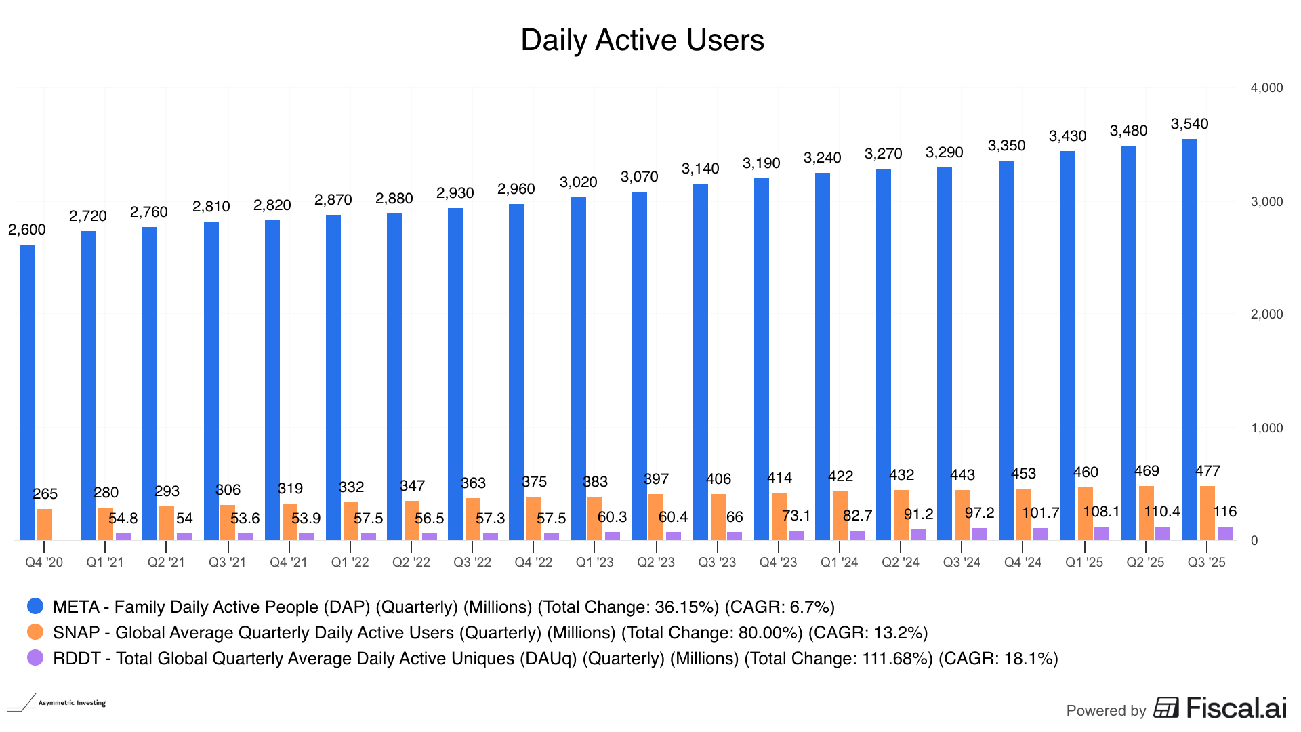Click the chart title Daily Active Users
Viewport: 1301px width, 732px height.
coord(642,41)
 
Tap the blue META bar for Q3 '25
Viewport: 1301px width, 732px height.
coord(1189,339)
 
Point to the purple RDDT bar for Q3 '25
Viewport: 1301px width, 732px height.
coord(1225,533)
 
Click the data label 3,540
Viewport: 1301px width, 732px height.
coord(1189,124)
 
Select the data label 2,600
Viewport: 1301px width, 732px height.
coord(27,230)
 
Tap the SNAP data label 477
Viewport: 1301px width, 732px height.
coord(1207,471)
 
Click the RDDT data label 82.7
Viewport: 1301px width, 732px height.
coord(857,516)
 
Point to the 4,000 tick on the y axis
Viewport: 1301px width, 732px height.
coord(1266,88)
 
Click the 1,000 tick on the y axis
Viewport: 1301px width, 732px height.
coord(1266,428)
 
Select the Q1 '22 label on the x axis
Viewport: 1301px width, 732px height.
coord(350,563)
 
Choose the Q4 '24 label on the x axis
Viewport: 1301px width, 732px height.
coord(1023,563)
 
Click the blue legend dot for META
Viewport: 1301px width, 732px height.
coord(35,606)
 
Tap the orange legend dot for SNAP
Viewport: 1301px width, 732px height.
coord(35,632)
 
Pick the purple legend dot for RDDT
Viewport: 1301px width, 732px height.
coord(35,657)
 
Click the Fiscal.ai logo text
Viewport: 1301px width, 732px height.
coord(1236,708)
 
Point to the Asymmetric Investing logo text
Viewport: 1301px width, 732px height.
coord(72,703)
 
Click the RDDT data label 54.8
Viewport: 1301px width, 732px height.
coord(123,518)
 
